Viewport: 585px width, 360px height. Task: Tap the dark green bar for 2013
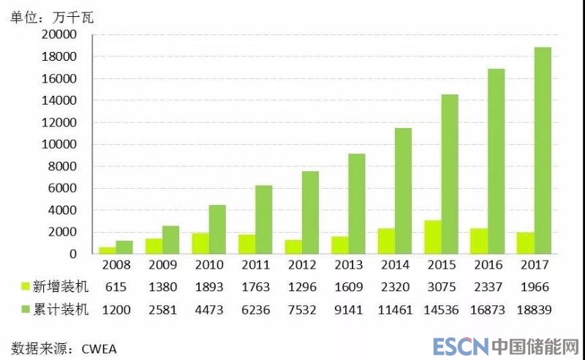pos(355,203)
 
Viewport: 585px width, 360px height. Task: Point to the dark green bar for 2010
pos(217,229)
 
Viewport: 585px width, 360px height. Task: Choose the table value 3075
pos(443,288)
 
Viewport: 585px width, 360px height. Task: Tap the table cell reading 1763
pos(256,288)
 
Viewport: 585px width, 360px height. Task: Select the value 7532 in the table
pos(303,310)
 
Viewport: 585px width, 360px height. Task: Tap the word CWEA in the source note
pos(99,348)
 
